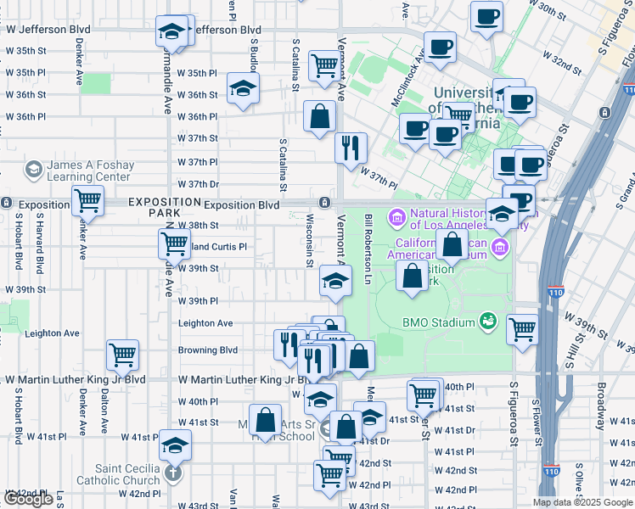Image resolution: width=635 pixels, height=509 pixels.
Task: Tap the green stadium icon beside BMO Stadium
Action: coord(487,321)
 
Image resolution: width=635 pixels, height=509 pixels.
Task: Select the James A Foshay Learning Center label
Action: coord(90,171)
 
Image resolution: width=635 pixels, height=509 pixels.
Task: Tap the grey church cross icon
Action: coord(173,473)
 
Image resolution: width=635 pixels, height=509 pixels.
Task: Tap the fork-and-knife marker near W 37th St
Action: coord(351,148)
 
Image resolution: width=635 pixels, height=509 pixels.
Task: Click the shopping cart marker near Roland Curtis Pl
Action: coord(174,243)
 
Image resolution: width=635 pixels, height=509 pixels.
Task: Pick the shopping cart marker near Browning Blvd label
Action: coord(123,355)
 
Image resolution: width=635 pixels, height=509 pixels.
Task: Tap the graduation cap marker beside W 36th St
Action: coord(243,89)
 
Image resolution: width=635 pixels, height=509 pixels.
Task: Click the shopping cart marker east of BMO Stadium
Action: coord(522,328)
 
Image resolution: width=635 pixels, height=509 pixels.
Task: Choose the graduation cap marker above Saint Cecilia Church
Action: coord(176,444)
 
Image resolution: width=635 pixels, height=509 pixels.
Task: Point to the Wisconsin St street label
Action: coord(310,241)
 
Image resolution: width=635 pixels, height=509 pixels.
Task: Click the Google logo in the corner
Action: coord(28,500)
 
